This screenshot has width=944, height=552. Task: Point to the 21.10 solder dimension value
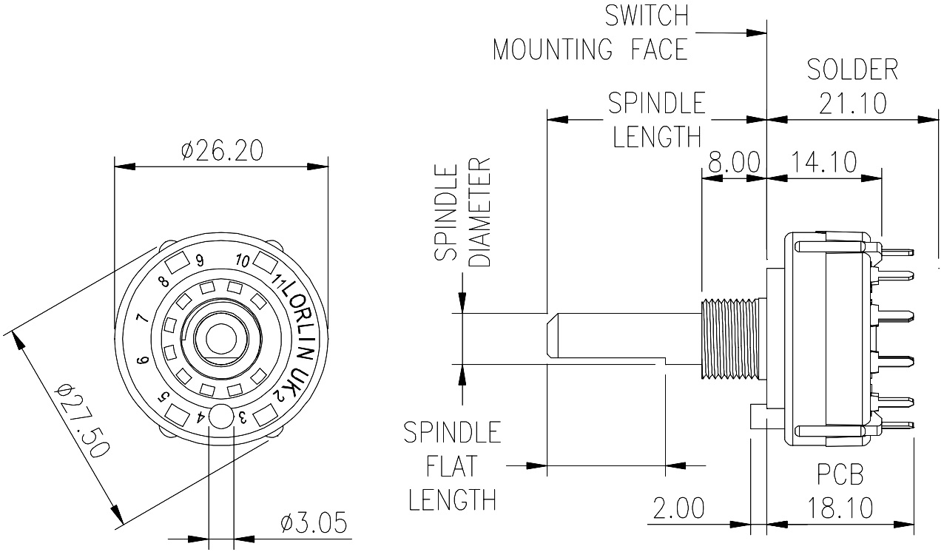click(852, 104)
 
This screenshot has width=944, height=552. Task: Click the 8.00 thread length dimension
click(734, 162)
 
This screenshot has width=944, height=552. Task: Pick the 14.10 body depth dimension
click(823, 162)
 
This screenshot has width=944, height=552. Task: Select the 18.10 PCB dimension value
click(840, 508)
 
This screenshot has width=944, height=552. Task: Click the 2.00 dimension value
click(678, 508)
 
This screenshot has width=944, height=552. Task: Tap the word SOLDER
click(852, 70)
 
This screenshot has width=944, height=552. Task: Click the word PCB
click(840, 474)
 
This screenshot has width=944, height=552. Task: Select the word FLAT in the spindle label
click(451, 466)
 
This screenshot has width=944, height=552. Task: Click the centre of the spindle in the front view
click(219, 339)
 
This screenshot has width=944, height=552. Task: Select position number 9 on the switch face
click(200, 260)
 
